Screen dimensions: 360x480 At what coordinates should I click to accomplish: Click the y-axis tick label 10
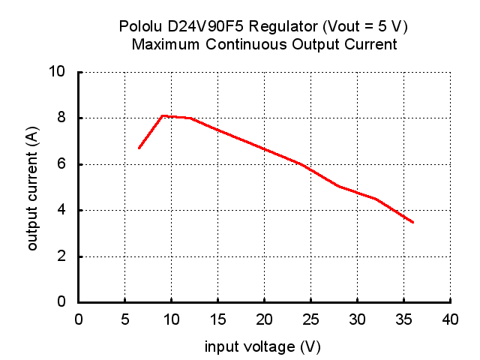61,72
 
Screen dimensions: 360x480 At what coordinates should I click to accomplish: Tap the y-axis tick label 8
64,118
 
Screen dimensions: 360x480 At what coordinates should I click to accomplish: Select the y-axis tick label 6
64,164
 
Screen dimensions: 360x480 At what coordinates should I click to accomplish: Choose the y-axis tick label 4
64,210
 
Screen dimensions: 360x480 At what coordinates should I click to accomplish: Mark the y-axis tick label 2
64,256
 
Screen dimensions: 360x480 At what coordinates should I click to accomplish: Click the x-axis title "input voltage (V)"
263,347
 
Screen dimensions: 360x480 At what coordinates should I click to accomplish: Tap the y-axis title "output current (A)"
32,187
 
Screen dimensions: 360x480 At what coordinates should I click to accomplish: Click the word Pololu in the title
140,27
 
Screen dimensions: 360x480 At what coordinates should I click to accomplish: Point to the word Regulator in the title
281,27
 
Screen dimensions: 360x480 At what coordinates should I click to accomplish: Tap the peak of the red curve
163,115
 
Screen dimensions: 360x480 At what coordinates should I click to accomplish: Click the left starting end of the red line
139,148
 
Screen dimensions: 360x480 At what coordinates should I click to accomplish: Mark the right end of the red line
413,222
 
